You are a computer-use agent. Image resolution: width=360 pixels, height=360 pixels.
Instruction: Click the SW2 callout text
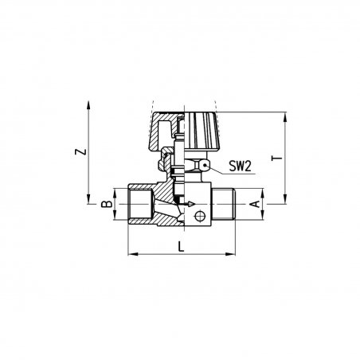(x=240, y=166)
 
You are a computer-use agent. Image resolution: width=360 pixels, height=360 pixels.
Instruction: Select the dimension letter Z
(x=81, y=151)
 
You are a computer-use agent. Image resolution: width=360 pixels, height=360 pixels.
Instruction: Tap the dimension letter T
(x=277, y=158)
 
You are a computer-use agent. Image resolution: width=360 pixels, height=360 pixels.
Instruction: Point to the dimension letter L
(x=181, y=247)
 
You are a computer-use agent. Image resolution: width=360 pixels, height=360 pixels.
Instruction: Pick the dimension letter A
(x=255, y=204)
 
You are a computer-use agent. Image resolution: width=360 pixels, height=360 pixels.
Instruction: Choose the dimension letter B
(x=108, y=204)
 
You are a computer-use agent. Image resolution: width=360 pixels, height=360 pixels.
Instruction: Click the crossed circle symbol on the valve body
(x=200, y=217)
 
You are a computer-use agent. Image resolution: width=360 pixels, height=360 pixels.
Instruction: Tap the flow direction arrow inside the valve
(x=187, y=204)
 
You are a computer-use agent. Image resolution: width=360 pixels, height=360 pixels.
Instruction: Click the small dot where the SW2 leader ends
(x=205, y=166)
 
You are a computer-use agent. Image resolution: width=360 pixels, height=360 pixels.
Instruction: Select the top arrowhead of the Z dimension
(x=88, y=105)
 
